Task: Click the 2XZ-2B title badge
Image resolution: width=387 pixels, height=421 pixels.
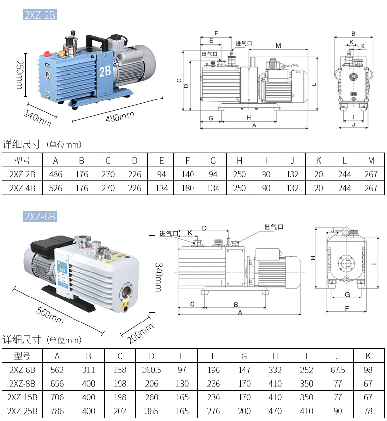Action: click(40, 15)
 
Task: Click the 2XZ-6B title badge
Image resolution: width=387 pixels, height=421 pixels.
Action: click(40, 216)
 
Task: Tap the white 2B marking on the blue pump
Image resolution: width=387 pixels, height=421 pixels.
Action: click(105, 72)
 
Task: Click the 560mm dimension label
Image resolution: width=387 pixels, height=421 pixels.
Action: click(50, 314)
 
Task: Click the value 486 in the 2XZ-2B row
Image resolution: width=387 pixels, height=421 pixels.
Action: click(55, 174)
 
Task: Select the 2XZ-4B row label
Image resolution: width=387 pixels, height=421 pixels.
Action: click(22, 188)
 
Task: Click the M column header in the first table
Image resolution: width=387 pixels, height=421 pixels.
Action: click(371, 161)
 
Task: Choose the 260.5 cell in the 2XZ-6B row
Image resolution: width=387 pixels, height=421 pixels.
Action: click(152, 370)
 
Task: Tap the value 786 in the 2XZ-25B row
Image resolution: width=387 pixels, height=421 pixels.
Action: click(57, 411)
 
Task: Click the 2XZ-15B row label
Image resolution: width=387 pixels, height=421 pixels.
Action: click(23, 397)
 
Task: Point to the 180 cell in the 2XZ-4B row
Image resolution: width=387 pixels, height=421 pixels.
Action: click(187, 188)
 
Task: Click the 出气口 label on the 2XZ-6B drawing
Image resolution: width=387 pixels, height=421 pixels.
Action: click(273, 227)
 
